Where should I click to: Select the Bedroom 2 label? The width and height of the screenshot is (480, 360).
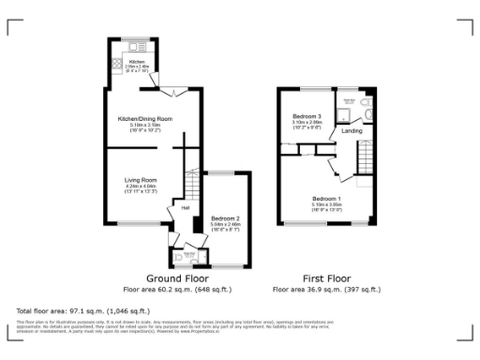pos(226,217)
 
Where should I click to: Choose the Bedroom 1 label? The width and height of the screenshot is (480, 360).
pos(325,199)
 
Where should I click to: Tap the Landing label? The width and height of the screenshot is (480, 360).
pos(352,131)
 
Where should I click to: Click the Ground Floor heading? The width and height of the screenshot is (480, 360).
pos(177,278)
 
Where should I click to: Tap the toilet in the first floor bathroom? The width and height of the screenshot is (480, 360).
pos(368,113)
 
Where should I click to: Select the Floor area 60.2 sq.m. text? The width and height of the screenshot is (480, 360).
pos(177,289)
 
